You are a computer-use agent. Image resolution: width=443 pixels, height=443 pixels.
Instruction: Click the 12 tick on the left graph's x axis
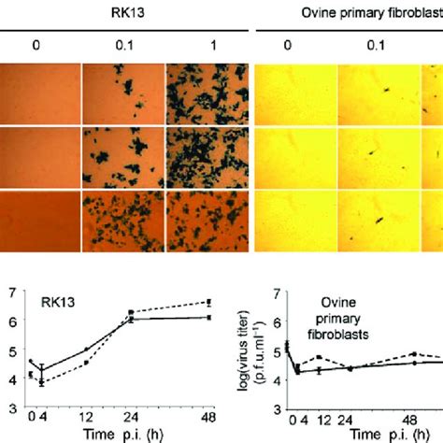coord(87,418)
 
